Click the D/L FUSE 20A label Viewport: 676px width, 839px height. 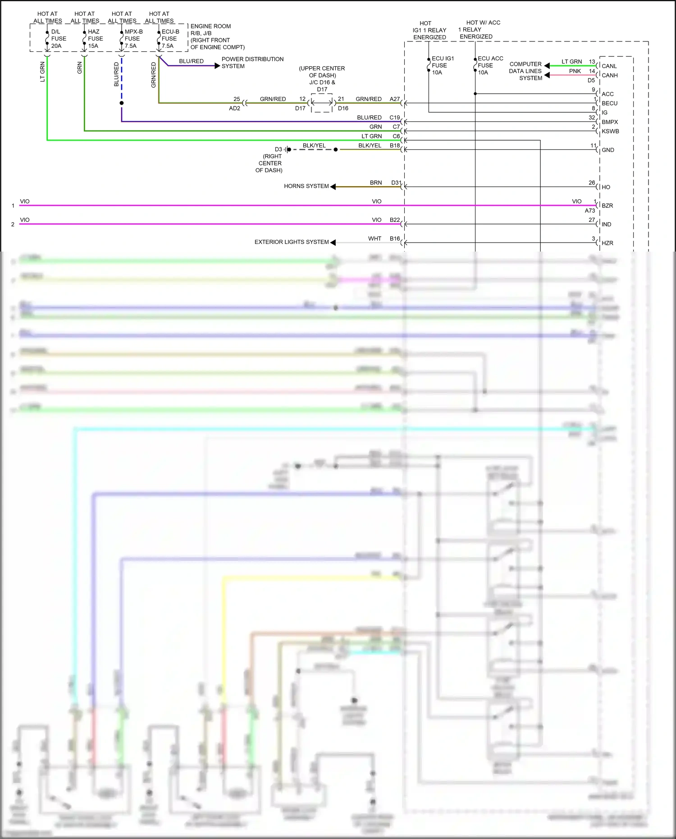(58, 39)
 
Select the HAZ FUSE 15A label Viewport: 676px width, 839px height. (95, 39)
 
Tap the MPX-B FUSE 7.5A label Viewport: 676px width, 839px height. (133, 39)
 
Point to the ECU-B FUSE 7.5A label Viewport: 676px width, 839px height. (170, 39)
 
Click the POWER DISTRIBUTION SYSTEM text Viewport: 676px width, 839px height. (252, 63)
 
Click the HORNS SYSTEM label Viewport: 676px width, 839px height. (306, 186)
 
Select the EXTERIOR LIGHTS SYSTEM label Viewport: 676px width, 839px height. (291, 242)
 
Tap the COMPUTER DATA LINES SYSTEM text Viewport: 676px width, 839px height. (525, 71)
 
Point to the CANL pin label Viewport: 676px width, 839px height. (609, 66)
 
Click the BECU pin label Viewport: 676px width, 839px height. (609, 103)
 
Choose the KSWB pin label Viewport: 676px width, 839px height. (610, 132)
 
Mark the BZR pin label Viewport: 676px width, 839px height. (607, 206)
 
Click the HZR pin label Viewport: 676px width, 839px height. (607, 243)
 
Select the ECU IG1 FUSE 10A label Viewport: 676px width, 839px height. (443, 65)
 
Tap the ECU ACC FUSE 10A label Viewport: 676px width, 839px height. (490, 65)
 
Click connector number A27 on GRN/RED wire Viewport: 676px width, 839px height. (394, 99)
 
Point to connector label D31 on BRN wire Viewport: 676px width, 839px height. (396, 183)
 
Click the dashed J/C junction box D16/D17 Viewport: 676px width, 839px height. (322, 103)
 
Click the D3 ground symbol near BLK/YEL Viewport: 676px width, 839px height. (286, 149)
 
